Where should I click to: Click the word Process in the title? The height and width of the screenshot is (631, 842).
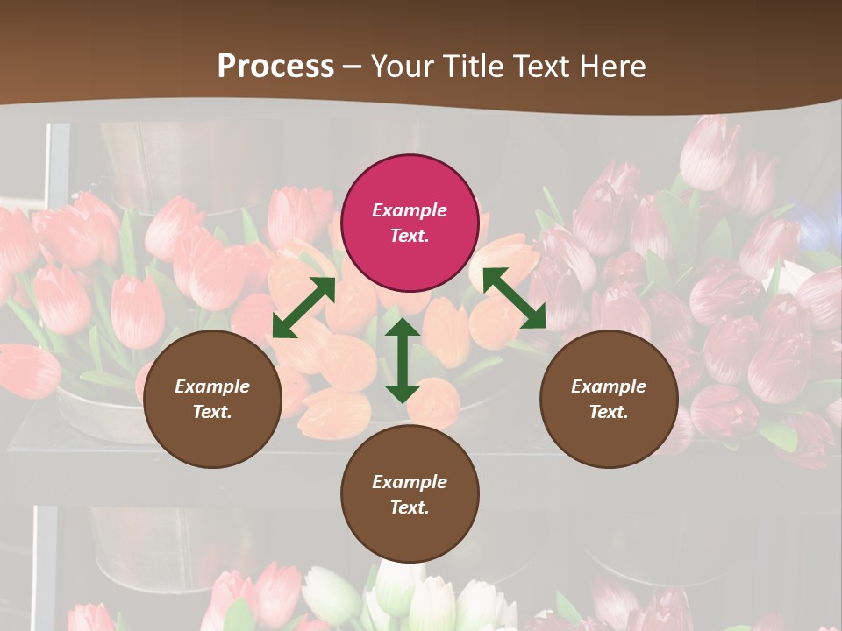pyautogui.click(x=275, y=66)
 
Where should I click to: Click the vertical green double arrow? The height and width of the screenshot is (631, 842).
pyautogui.click(x=402, y=360)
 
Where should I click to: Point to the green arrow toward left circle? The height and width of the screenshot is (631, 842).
pyautogui.click(x=303, y=308)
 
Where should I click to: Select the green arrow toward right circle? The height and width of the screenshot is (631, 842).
pyautogui.click(x=514, y=298)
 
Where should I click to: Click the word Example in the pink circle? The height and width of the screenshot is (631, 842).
pyautogui.click(x=410, y=210)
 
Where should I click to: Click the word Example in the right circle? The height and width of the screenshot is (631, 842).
pyautogui.click(x=609, y=386)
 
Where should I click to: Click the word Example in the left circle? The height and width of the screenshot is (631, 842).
pyautogui.click(x=212, y=386)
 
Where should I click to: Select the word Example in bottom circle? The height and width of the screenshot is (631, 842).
pyautogui.click(x=410, y=482)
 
